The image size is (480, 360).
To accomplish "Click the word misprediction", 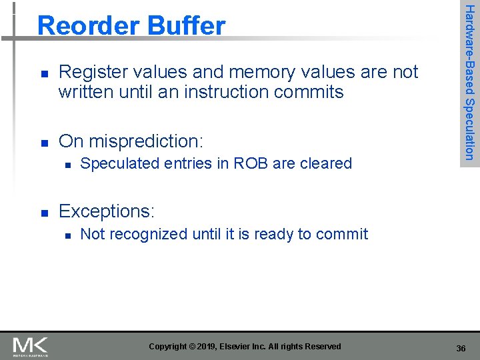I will point(146,141).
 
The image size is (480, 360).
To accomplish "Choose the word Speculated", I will point(118,163).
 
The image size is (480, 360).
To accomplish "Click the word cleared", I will point(323,163).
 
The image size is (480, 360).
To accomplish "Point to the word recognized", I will point(147,234).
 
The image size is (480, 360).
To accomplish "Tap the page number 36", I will point(461,349).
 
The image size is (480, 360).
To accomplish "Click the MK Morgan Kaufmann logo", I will point(31,346).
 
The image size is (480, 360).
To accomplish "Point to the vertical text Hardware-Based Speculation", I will point(469,81).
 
